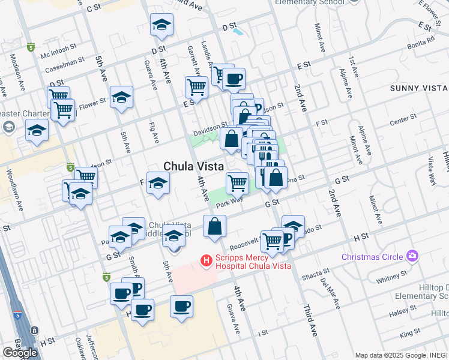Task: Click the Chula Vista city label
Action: click(x=194, y=166)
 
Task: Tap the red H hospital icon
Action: click(x=206, y=260)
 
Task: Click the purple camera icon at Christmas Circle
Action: click(x=412, y=256)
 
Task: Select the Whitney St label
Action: click(x=393, y=277)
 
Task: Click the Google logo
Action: click(x=20, y=353)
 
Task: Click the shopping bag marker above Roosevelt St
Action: click(x=214, y=226)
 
